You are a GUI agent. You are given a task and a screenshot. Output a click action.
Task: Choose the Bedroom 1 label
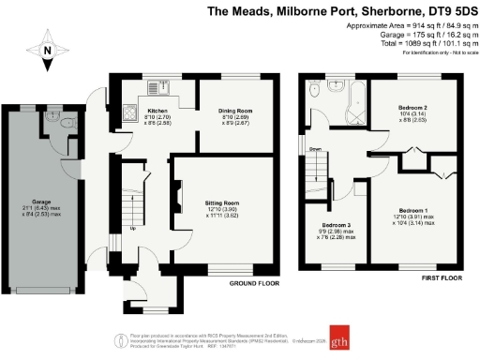(413, 209)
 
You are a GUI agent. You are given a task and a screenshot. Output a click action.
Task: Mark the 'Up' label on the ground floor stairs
(132, 228)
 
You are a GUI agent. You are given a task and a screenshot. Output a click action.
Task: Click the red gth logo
(352, 339)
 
